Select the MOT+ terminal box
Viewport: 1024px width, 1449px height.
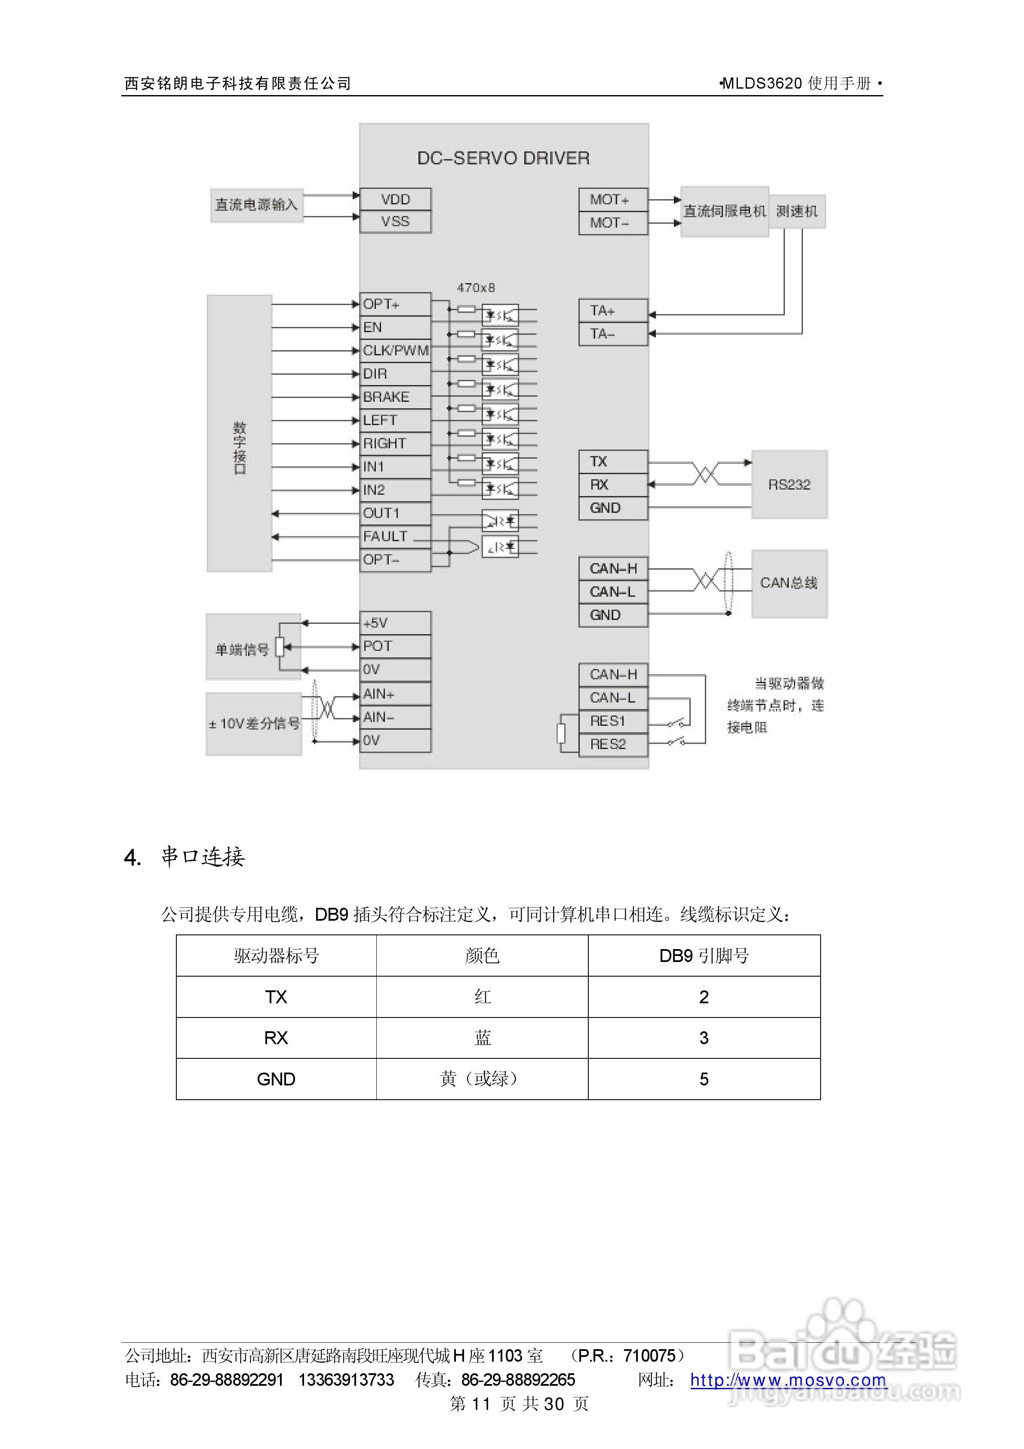612,200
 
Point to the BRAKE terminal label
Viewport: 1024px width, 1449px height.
387,397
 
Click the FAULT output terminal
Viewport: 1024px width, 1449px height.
394,536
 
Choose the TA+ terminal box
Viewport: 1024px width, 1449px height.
612,311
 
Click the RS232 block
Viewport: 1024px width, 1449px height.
789,485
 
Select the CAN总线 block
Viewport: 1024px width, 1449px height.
789,583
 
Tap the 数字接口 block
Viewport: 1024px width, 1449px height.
240,434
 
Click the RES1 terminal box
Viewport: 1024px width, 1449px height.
612,721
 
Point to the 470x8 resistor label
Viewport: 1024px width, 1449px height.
476,288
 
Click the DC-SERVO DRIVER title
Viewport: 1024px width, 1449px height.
504,158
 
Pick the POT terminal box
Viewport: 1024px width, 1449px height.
395,646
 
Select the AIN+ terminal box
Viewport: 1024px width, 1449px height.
395,694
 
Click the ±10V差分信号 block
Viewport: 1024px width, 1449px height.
254,724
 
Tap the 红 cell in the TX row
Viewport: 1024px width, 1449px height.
482,997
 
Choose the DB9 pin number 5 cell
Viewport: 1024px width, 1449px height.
704,1079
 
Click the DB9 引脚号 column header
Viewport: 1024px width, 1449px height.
704,956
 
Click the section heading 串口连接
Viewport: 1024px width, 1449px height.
203,857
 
